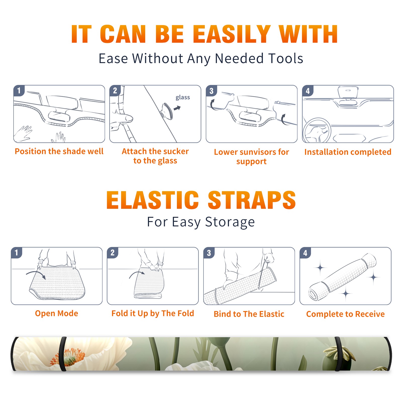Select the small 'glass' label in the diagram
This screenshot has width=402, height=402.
click(183, 97)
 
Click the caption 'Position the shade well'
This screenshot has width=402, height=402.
click(59, 151)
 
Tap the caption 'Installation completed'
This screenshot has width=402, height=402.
click(348, 152)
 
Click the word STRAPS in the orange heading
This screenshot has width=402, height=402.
click(252, 200)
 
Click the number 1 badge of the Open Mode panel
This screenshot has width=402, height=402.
click(17, 253)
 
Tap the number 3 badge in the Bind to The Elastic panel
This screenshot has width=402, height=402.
click(209, 253)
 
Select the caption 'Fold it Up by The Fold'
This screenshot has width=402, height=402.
click(153, 313)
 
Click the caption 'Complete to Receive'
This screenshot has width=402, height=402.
click(345, 314)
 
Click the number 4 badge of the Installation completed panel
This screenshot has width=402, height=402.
click(308, 91)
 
